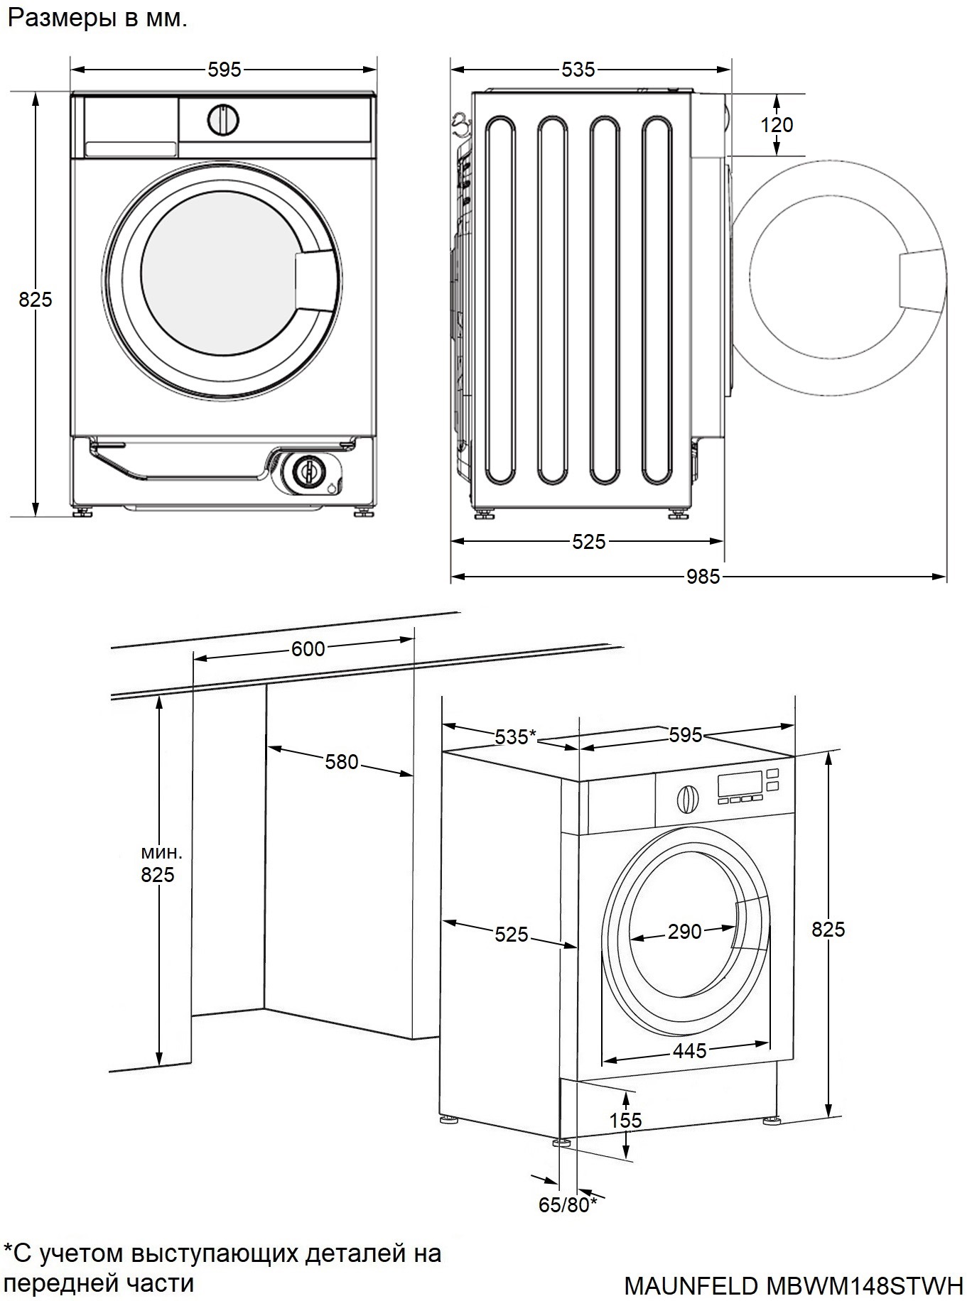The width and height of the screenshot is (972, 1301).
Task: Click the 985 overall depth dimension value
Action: [x=703, y=577]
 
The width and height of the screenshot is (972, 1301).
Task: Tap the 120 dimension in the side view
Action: [x=777, y=125]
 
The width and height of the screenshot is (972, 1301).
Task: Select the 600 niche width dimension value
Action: [x=308, y=648]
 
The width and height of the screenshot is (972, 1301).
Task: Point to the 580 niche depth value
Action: [x=342, y=762]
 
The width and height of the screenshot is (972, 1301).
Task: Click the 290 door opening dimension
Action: [x=684, y=931]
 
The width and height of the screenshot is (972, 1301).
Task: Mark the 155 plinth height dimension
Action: [x=625, y=1120]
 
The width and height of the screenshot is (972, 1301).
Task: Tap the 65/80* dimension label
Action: [x=568, y=1205]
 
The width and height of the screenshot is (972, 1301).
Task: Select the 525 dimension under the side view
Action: [x=589, y=542]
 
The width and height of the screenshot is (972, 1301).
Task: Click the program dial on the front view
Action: [x=223, y=120]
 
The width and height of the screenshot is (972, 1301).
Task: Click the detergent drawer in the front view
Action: [x=131, y=126]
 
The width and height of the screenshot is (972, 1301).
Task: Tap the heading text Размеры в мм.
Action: [x=97, y=18]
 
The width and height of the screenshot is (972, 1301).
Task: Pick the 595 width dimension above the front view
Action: [x=225, y=70]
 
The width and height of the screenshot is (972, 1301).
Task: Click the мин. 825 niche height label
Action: [x=157, y=864]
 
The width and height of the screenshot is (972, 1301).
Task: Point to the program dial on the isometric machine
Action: [x=686, y=799]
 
